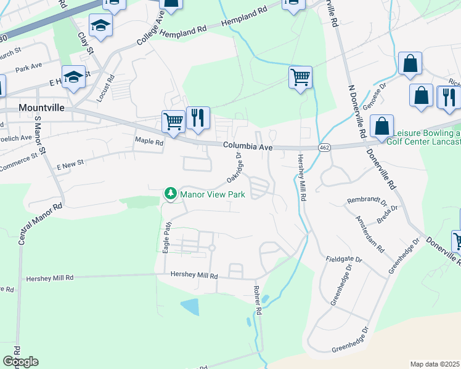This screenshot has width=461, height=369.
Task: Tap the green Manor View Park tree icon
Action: coord(169,194)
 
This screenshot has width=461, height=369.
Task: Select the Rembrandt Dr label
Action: coord(366,201)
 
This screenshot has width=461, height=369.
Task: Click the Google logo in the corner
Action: coord(20,361)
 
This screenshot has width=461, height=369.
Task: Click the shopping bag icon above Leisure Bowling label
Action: coord(382,125)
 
